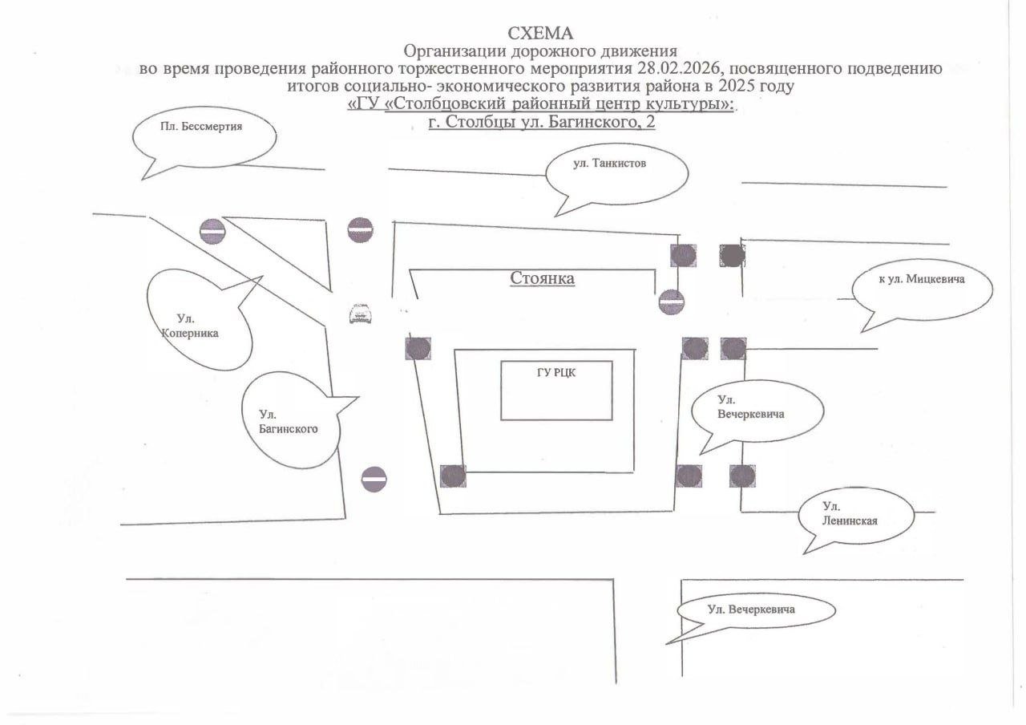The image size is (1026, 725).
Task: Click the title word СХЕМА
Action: [x=542, y=34]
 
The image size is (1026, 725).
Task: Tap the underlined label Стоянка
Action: [x=543, y=278]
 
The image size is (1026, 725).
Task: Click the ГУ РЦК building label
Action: [x=556, y=372]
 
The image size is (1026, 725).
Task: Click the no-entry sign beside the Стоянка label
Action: [x=671, y=302]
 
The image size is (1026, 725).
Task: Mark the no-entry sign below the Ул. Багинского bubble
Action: [x=374, y=480]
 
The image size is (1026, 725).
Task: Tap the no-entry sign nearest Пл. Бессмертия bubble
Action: [x=212, y=231]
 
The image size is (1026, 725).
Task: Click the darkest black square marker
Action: [x=732, y=256]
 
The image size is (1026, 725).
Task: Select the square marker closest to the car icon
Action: [x=418, y=348]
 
